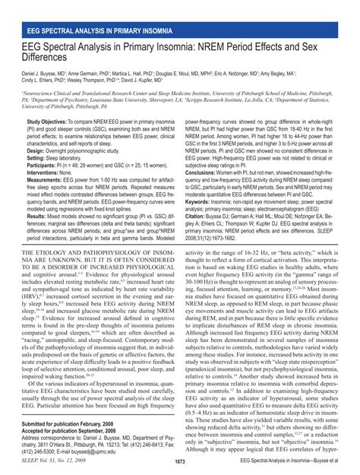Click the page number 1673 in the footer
pos(180,461)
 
